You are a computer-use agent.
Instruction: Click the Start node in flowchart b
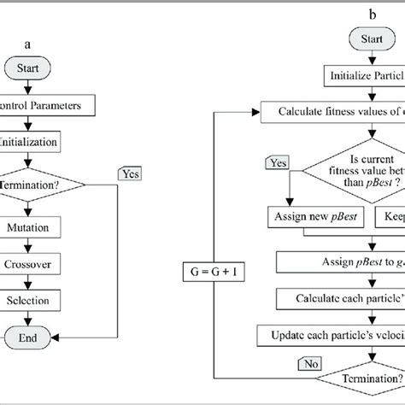click(x=368, y=40)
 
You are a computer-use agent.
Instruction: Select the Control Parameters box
click(x=51, y=106)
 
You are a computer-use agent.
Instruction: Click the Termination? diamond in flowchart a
click(x=38, y=183)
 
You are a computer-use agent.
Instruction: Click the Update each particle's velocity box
click(x=339, y=332)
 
